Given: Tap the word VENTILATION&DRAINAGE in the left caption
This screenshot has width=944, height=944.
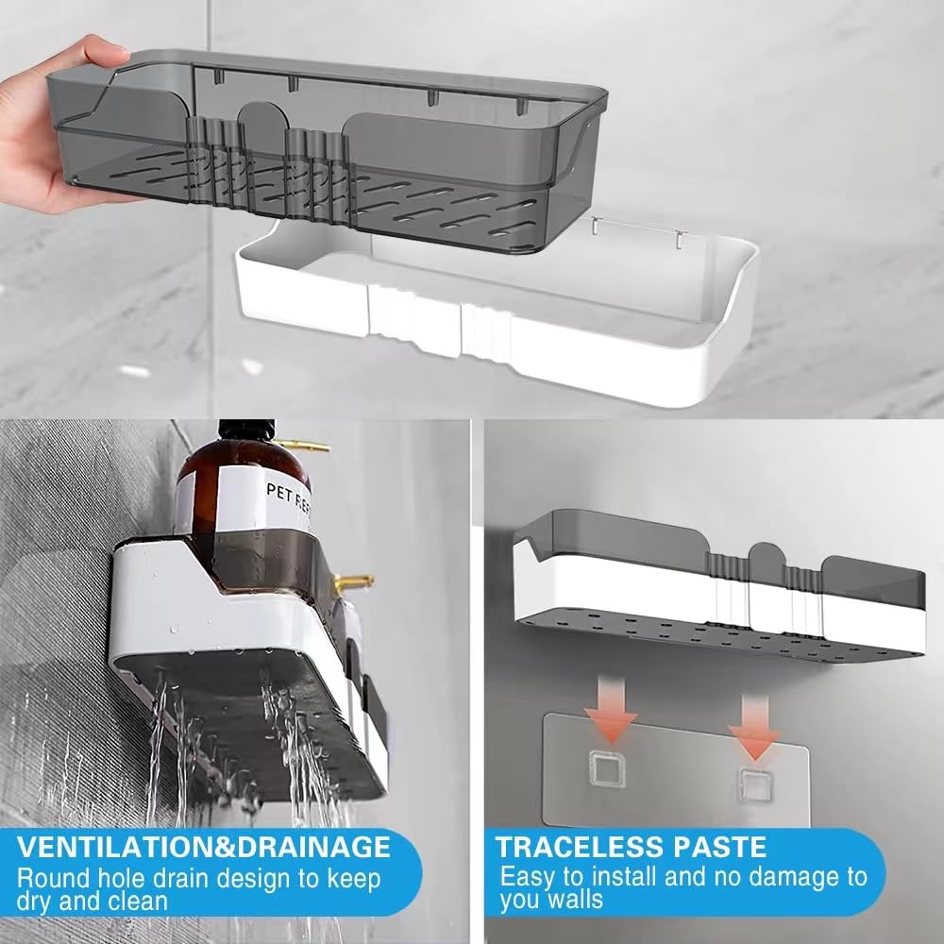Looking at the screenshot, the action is [x=204, y=847].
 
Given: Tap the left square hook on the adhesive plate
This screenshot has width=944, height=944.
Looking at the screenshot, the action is [x=607, y=770].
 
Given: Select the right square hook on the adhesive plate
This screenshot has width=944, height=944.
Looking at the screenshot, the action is [x=755, y=785].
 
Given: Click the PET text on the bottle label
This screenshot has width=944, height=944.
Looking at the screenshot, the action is [x=279, y=493].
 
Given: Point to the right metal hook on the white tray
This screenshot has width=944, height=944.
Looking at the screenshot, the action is [x=680, y=239].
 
